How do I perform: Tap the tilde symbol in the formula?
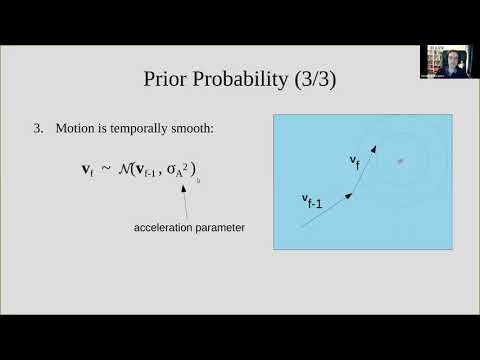coord(106,168)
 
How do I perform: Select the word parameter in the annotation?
coord(220,228)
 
